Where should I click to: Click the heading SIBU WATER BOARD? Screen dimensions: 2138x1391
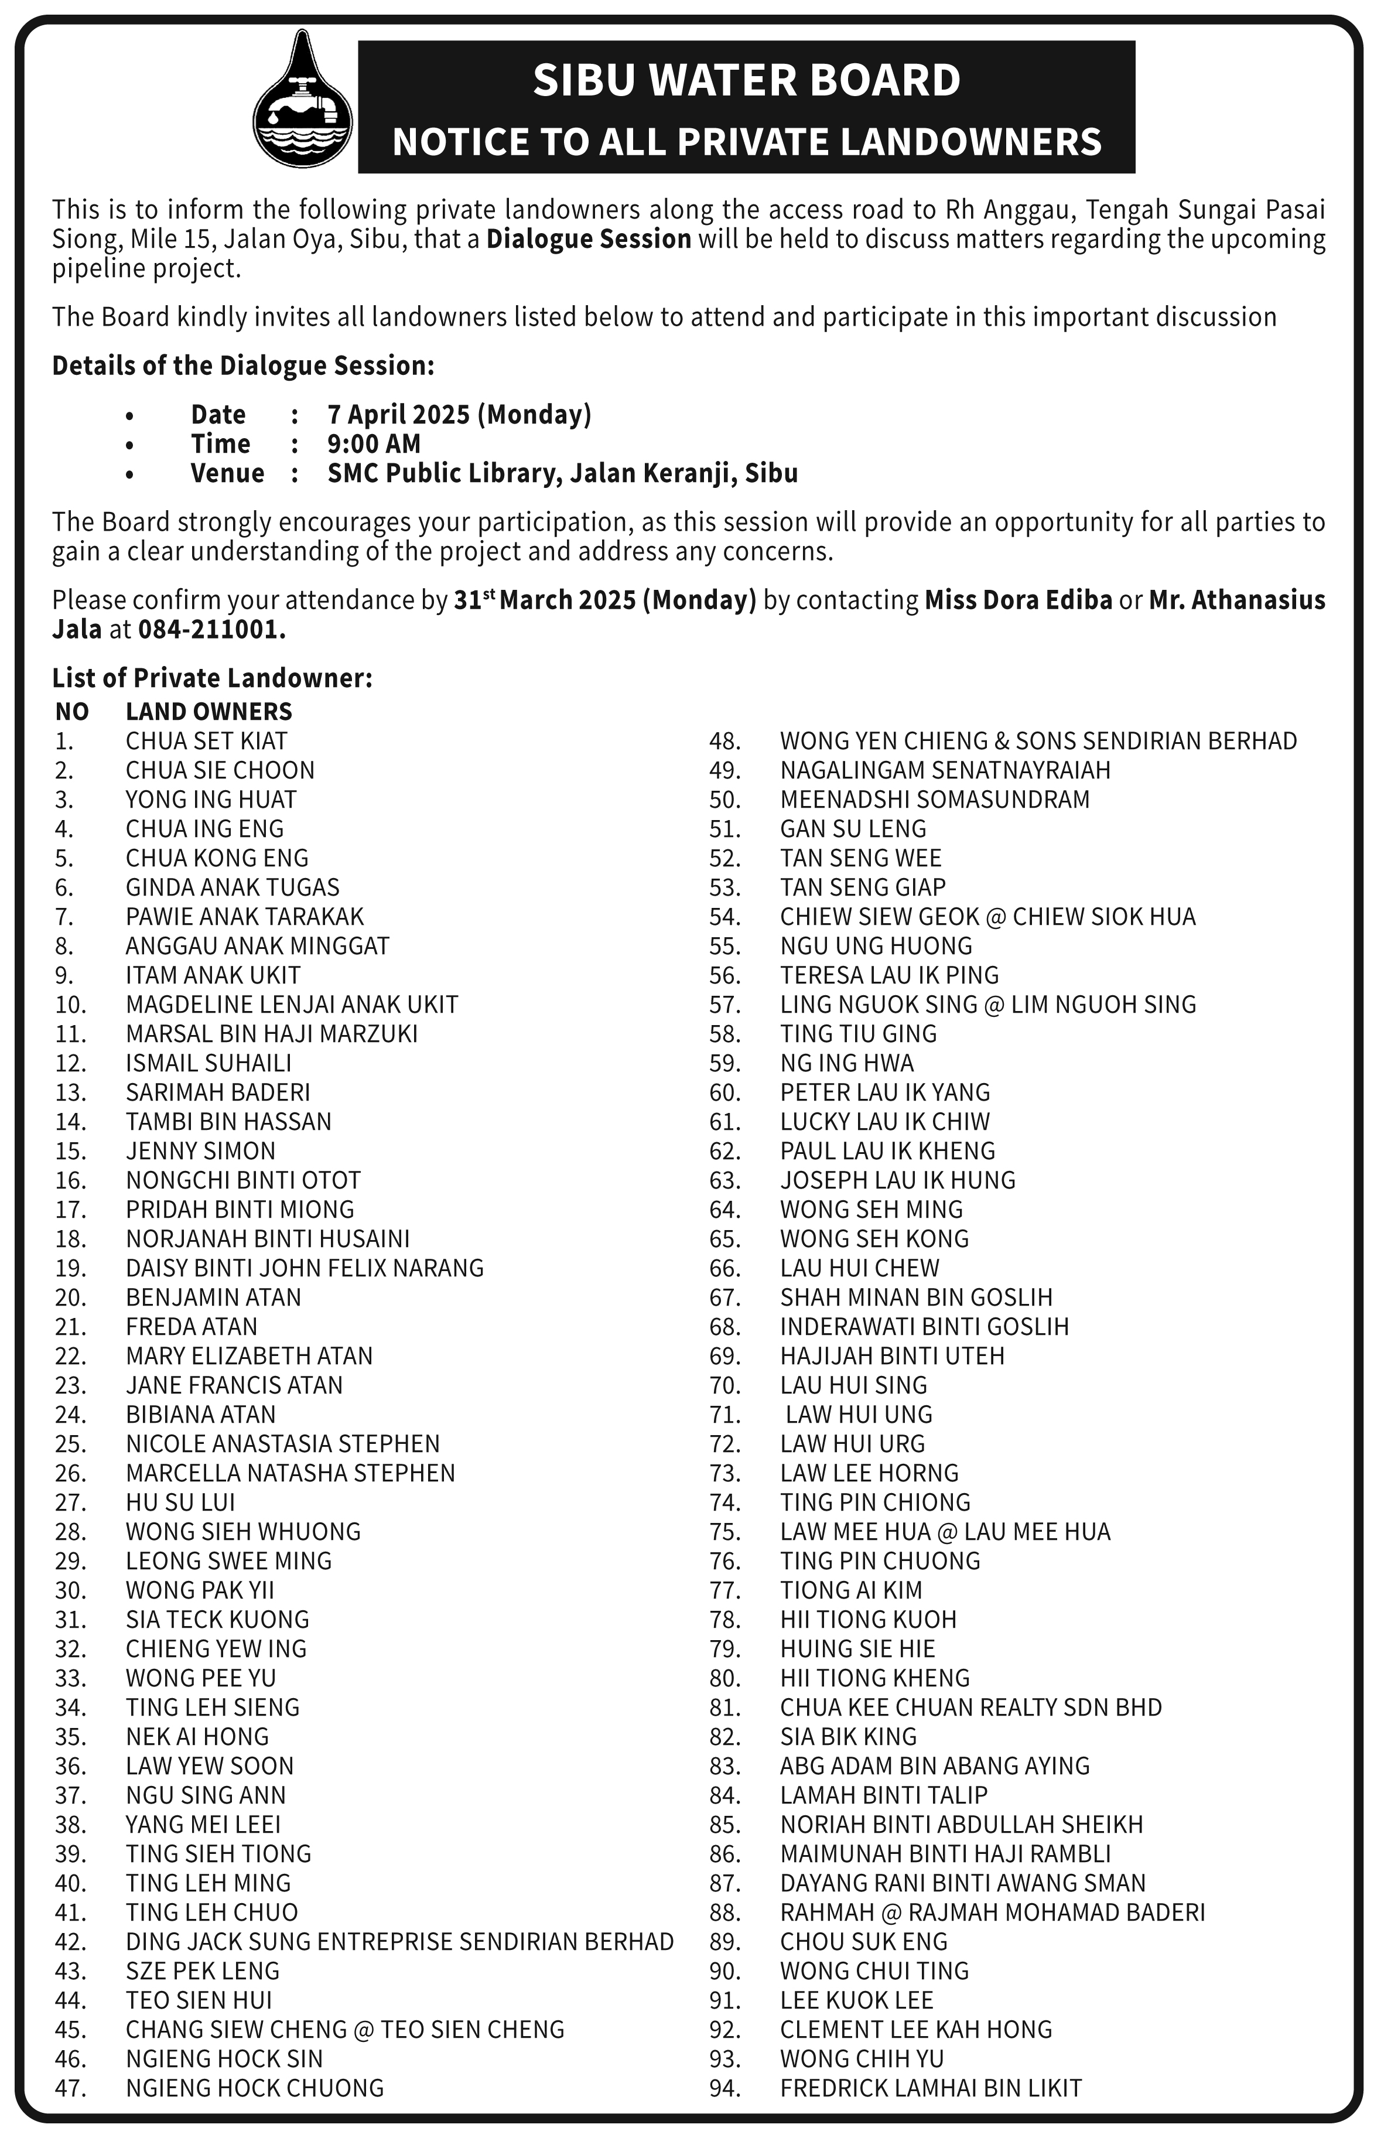point(746,80)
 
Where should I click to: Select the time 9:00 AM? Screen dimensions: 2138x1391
point(374,444)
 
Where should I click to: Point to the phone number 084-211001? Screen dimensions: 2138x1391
point(212,630)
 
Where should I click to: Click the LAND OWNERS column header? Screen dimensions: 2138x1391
point(209,712)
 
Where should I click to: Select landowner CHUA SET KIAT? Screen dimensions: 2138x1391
point(207,741)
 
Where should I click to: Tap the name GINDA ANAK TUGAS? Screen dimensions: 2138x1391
point(233,887)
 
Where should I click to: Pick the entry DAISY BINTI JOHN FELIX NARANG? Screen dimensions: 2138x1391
point(305,1268)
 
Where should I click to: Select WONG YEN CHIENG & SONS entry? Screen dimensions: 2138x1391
point(1038,741)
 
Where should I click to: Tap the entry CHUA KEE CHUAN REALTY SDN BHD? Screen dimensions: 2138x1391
point(970,1707)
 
